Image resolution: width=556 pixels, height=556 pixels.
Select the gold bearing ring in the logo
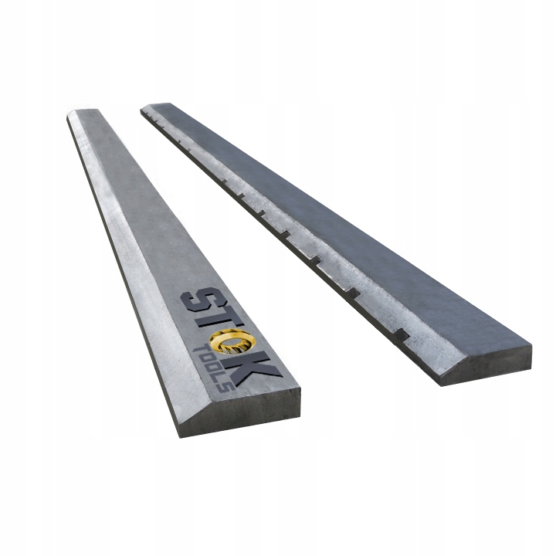[233, 341]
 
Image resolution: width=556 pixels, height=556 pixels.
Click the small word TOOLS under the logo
[213, 369]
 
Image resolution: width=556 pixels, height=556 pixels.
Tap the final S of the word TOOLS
[229, 387]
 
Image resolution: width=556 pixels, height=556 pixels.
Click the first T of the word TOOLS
[199, 351]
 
